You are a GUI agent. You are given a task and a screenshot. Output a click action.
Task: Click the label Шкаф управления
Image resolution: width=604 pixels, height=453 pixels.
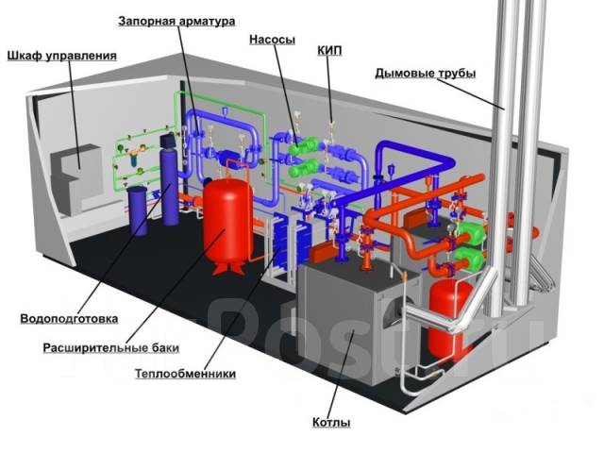pos(61,56)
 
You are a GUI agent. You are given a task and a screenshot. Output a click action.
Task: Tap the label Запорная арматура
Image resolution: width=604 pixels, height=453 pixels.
pos(176,21)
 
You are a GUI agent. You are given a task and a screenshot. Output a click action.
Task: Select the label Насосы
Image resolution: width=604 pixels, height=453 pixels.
pos(273,40)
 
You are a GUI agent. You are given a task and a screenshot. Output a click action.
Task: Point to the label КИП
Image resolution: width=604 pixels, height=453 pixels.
pos(329,50)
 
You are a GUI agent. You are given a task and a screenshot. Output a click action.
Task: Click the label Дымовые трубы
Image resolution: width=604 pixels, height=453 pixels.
pos(426,74)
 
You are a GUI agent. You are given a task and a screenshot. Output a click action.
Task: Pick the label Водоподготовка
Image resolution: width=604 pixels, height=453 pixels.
pos(69,319)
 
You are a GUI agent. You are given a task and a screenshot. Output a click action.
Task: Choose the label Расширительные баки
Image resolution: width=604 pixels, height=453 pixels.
pos(111,348)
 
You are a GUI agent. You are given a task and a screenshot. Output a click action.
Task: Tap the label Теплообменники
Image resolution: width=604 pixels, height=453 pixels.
pos(185,374)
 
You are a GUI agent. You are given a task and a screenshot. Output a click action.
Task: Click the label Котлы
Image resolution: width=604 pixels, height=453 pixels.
pos(331,423)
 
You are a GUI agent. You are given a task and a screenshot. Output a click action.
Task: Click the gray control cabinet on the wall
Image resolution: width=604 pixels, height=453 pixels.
pos(77,179)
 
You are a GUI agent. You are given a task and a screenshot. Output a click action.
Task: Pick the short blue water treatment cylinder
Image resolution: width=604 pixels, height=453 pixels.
pos(138,210)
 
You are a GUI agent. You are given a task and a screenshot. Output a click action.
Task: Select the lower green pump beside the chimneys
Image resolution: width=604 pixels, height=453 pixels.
pos(469,258)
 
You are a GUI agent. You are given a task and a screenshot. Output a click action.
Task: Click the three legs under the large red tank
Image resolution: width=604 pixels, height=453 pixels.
pos(228,268)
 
